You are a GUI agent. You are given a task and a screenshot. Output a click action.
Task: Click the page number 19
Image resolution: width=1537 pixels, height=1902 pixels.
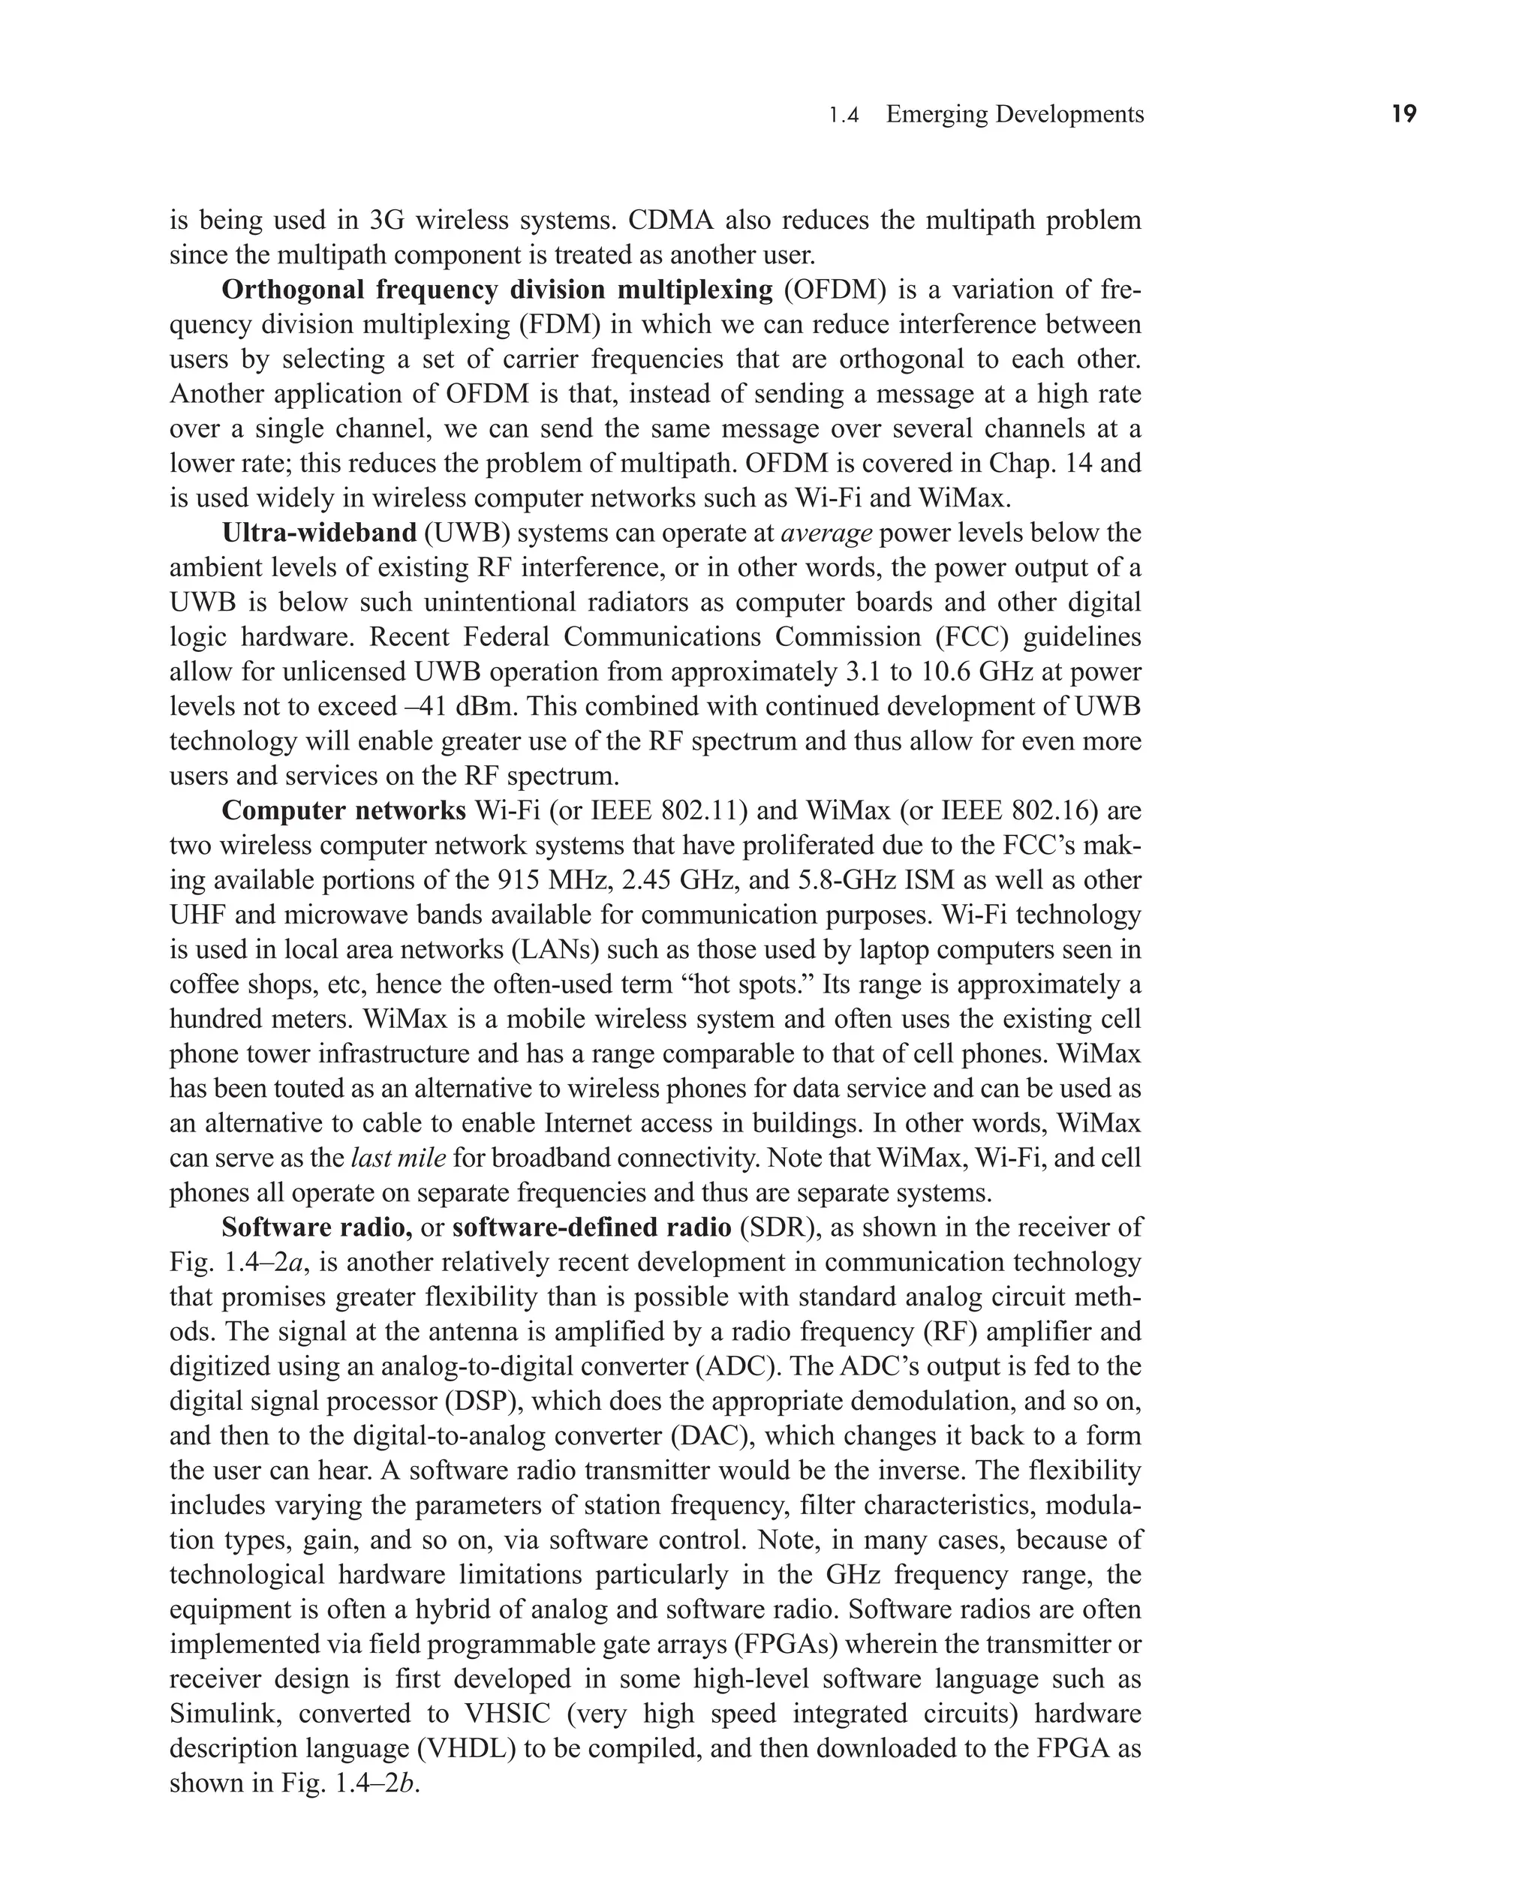pos(1403,114)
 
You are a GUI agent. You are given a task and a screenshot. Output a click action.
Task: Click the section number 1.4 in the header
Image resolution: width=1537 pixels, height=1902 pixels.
pos(844,115)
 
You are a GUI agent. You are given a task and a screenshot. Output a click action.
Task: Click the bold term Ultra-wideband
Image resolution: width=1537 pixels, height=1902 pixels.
pos(319,533)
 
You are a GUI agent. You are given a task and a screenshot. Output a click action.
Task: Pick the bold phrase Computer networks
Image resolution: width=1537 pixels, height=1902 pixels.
pos(344,811)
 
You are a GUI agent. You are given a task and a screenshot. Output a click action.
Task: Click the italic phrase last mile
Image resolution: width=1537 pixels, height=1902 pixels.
pos(399,1158)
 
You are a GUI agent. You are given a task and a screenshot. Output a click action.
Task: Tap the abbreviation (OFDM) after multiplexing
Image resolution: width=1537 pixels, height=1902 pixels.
pos(833,290)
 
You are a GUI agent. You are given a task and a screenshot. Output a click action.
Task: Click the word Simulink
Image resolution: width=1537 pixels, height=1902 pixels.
pos(226,1714)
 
